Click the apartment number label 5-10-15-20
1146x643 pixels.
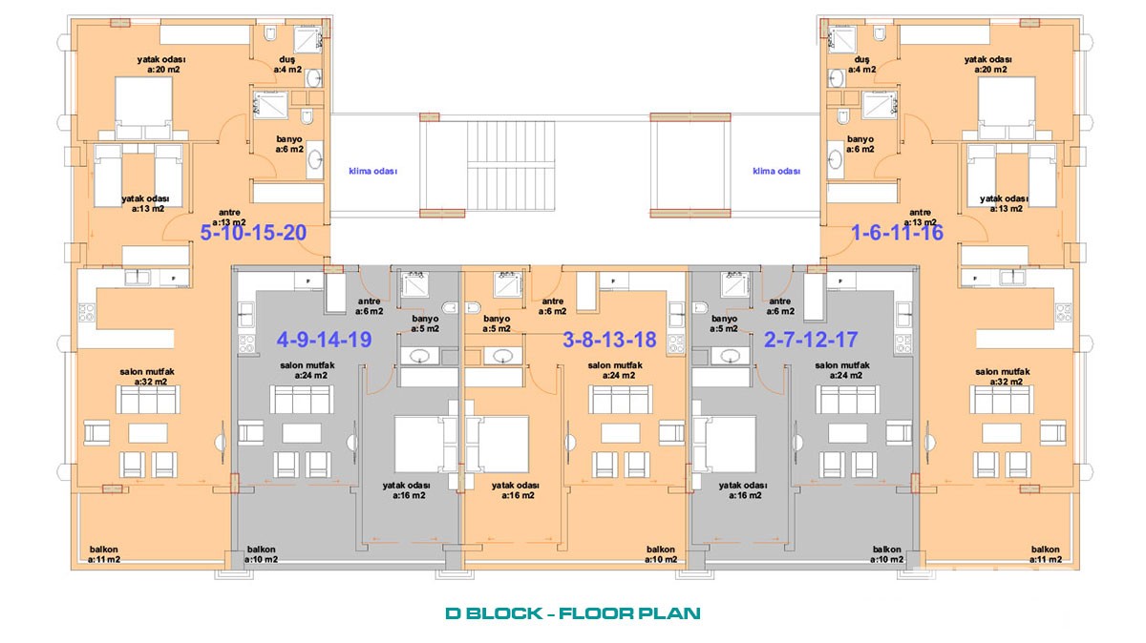pyautogui.click(x=253, y=233)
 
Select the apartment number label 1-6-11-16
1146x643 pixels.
pyautogui.click(x=897, y=233)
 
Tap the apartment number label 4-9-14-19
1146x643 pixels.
pyautogui.click(x=324, y=340)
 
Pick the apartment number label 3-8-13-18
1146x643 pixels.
pyautogui.click(x=609, y=340)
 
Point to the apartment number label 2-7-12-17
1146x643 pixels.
pyautogui.click(x=811, y=340)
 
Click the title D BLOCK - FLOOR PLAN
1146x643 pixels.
pyautogui.click(x=572, y=612)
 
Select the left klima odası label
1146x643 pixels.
pyautogui.click(x=373, y=171)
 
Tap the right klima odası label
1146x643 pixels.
pyautogui.click(x=776, y=171)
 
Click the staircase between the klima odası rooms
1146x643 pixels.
pyautogui.click(x=511, y=166)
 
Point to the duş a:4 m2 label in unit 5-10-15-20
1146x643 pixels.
pyautogui.click(x=287, y=65)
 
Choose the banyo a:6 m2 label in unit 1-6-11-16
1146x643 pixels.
pyautogui.click(x=860, y=144)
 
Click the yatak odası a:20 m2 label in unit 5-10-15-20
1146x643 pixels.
pyautogui.click(x=161, y=65)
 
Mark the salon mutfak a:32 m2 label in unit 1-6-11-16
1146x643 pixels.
pyautogui.click(x=1003, y=377)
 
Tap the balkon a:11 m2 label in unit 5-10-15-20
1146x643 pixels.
pyautogui.click(x=104, y=554)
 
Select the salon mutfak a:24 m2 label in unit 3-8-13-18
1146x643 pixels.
pyautogui.click(x=615, y=370)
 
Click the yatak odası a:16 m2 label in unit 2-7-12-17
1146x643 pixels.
pyautogui.click(x=743, y=490)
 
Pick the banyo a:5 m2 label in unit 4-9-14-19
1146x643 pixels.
pyautogui.click(x=425, y=323)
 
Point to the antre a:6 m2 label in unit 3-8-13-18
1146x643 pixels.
pyautogui.click(x=553, y=306)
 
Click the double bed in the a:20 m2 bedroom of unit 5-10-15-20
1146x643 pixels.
pyautogui.click(x=143, y=108)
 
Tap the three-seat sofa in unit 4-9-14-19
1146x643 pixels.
pyautogui.click(x=302, y=399)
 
